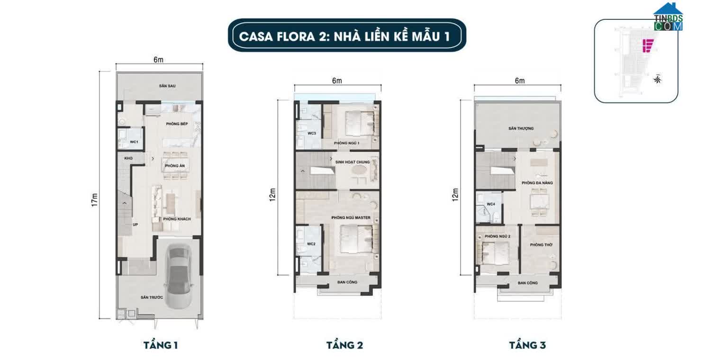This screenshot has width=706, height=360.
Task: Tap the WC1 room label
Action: point(134,142)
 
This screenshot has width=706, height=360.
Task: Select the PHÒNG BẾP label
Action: point(177,124)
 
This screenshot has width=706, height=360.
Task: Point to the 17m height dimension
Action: point(94,200)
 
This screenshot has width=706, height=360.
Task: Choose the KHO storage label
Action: point(128,158)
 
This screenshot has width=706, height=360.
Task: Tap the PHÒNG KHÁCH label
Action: point(176,219)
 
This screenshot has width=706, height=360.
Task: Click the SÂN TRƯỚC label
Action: point(152,297)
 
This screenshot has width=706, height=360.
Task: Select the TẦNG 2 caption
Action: point(344,345)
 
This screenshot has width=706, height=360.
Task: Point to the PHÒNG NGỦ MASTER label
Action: point(351,218)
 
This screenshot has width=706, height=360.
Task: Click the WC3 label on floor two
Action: point(311,134)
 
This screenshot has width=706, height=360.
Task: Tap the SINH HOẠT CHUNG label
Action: point(352,162)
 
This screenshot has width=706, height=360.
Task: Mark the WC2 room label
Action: point(311,244)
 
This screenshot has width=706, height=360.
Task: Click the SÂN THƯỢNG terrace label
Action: point(521,128)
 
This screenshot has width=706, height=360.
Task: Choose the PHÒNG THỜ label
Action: point(540,244)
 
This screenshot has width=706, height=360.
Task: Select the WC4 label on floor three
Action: point(491,204)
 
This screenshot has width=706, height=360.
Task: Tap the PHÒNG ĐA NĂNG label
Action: point(537,182)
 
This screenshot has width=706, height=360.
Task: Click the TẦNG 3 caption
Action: point(527,345)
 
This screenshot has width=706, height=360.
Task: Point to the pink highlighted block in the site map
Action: point(647,45)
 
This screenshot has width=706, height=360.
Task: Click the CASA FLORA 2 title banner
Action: point(346,36)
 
